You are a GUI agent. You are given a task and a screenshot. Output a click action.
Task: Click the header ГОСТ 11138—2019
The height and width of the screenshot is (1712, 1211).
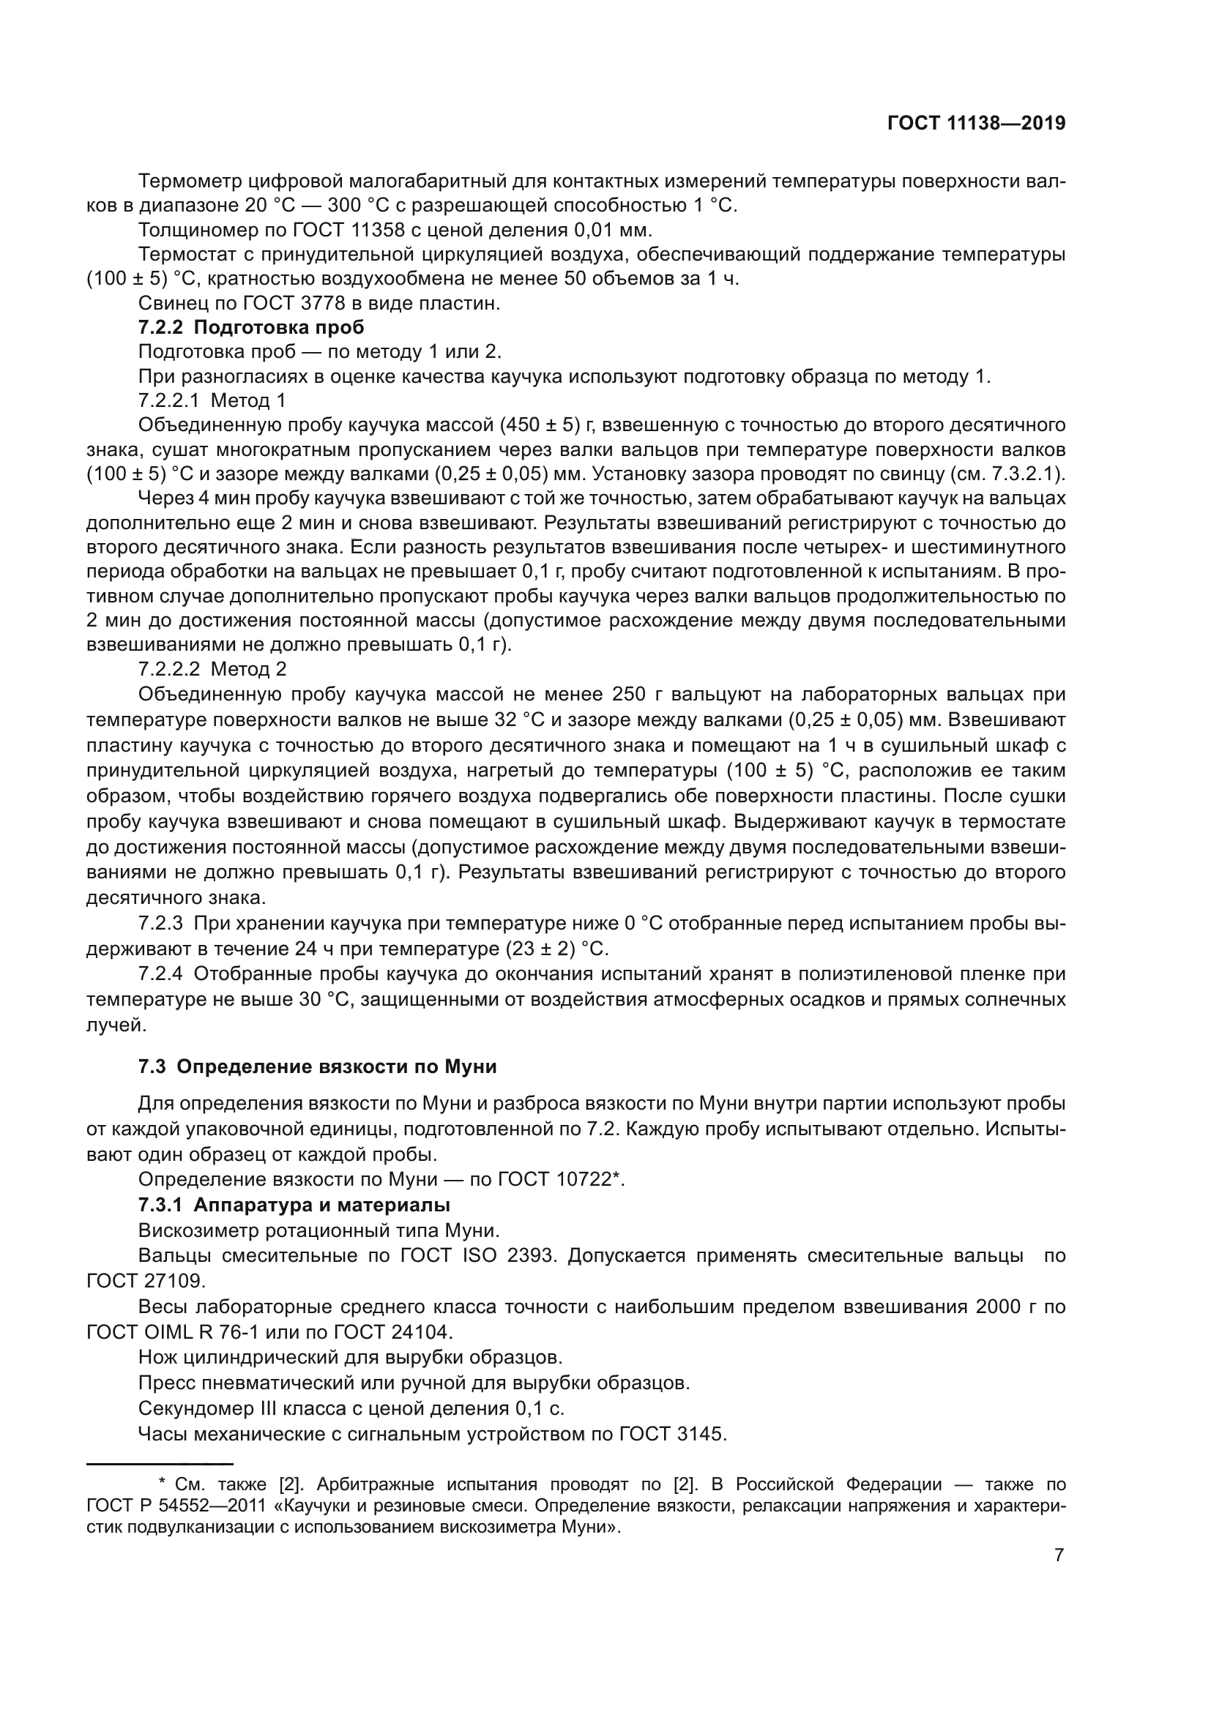pos(976,123)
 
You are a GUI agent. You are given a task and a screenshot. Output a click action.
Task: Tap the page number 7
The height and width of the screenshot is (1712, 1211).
pos(1059,1555)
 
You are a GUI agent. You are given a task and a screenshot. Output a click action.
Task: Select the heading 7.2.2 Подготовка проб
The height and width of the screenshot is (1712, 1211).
pos(251,327)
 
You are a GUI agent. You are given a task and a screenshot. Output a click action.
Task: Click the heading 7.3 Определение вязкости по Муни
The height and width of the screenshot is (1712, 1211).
pos(317,1066)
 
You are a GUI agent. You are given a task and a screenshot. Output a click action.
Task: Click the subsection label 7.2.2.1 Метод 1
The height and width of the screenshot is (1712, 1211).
pos(212,400)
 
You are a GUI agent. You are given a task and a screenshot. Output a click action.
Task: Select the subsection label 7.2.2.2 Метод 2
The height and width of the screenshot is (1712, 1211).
pos(212,669)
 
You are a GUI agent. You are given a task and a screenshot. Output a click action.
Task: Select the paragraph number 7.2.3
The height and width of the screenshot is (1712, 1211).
pos(160,924)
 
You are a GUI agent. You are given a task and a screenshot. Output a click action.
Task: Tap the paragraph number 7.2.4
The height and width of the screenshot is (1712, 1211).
pos(160,973)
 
